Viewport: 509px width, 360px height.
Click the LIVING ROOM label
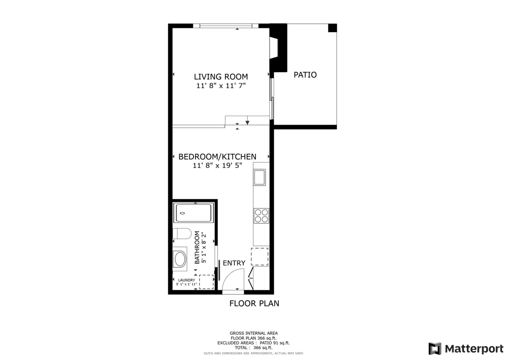coord(221,77)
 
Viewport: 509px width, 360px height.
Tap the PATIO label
coord(305,75)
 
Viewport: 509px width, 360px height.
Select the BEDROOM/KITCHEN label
coord(217,156)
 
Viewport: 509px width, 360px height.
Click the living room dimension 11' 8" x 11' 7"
coord(221,86)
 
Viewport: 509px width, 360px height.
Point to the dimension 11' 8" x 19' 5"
coord(217,166)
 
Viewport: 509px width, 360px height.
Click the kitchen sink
coord(260,177)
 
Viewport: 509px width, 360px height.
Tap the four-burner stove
coord(261,216)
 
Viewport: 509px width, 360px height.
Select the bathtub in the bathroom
coord(194,213)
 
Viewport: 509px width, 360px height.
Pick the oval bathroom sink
coord(180,259)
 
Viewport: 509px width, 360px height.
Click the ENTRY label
coord(234,263)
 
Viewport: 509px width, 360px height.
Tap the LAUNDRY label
coord(186,280)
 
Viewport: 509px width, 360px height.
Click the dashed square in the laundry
coord(207,282)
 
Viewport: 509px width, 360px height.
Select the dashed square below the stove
coord(260,257)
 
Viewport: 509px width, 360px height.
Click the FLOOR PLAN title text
coord(254,304)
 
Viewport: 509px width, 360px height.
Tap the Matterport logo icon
coord(435,349)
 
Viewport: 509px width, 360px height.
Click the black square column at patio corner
coord(333,28)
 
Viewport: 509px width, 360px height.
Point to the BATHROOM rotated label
coord(197,248)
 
